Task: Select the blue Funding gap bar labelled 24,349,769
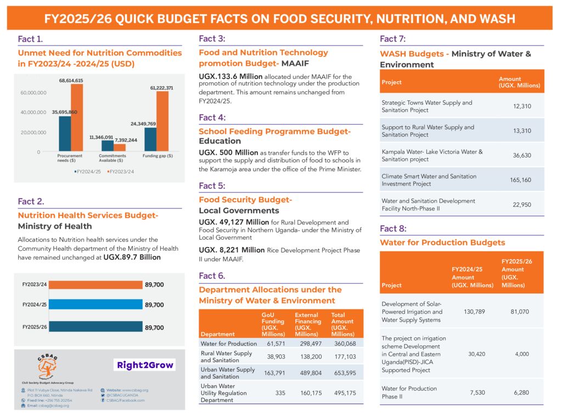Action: click(150, 139)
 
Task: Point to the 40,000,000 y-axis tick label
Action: click(34, 112)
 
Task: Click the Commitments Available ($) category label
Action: click(113, 158)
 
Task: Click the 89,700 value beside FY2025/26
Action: click(154, 328)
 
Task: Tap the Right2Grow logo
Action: click(144, 365)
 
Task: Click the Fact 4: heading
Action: click(212, 117)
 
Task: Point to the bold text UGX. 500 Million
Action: click(228, 152)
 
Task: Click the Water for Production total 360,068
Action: click(343, 343)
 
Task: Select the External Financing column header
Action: click(308, 324)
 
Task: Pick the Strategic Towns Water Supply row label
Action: click(426, 106)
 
